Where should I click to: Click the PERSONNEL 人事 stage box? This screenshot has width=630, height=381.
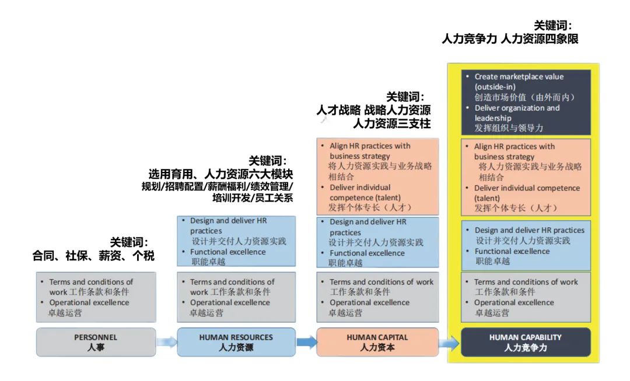pyautogui.click(x=96, y=342)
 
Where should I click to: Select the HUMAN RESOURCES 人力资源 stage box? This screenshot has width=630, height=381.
pyautogui.click(x=236, y=342)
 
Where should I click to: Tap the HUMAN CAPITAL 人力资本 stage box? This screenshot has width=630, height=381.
pyautogui.click(x=377, y=342)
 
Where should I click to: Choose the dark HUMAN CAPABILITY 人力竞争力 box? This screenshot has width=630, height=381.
pyautogui.click(x=525, y=342)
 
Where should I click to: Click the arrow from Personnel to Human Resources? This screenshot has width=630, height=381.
pyautogui.click(x=166, y=342)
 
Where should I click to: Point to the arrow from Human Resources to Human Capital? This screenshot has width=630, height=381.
pyautogui.click(x=306, y=342)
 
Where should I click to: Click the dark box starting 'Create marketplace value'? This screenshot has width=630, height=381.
pyautogui.click(x=525, y=102)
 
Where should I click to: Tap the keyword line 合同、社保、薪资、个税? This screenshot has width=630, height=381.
pyautogui.click(x=93, y=256)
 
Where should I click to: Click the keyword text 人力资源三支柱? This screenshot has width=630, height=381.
pyautogui.click(x=391, y=124)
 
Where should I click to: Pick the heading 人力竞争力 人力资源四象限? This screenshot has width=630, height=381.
pyautogui.click(x=510, y=39)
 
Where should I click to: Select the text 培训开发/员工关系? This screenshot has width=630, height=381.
pyautogui.click(x=253, y=198)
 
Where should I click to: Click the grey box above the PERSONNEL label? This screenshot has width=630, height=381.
pyautogui.click(x=96, y=297)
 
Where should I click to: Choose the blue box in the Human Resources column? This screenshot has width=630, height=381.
pyautogui.click(x=236, y=242)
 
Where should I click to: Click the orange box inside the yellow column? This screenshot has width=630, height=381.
pyautogui.click(x=525, y=177)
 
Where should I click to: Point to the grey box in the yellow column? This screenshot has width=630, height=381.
pyautogui.click(x=525, y=297)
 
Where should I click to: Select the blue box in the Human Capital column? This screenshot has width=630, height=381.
pyautogui.click(x=377, y=242)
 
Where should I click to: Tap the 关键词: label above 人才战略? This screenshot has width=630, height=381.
pyautogui.click(x=405, y=97)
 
